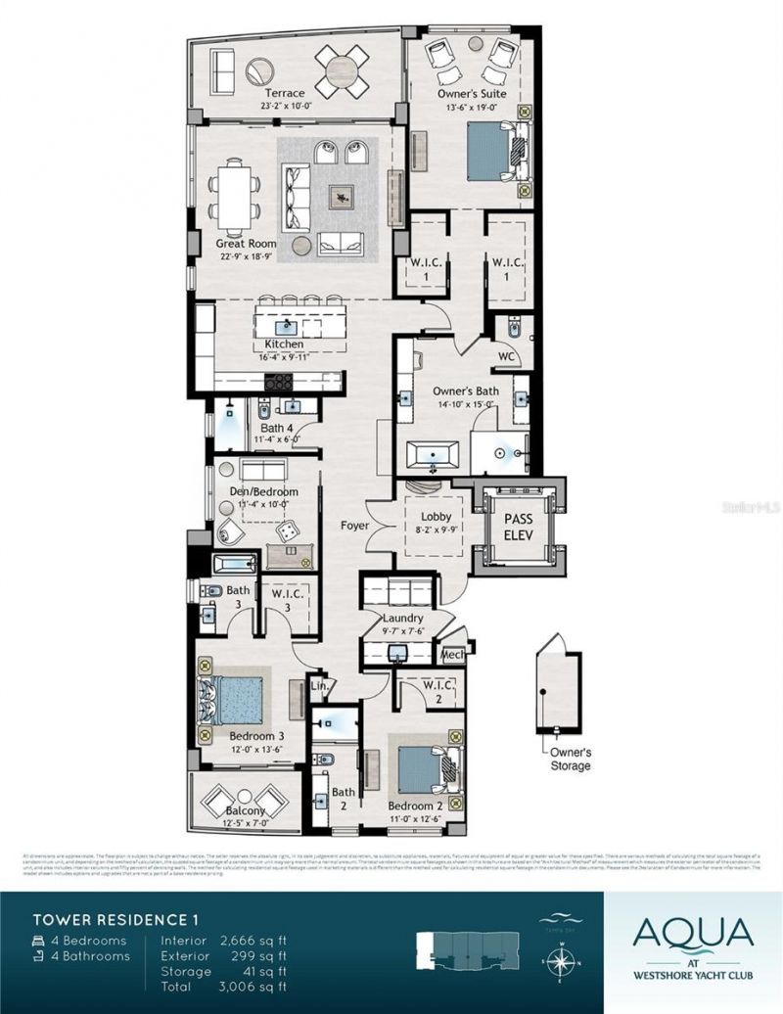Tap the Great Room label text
coord(246,244)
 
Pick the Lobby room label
coord(435,516)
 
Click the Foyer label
coord(355,526)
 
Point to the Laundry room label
coord(402,619)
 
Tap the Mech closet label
coord(452,655)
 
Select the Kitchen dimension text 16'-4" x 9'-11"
coord(284,357)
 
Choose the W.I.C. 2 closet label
coord(437,692)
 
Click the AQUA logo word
coord(693,932)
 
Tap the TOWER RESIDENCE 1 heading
coord(112,920)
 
